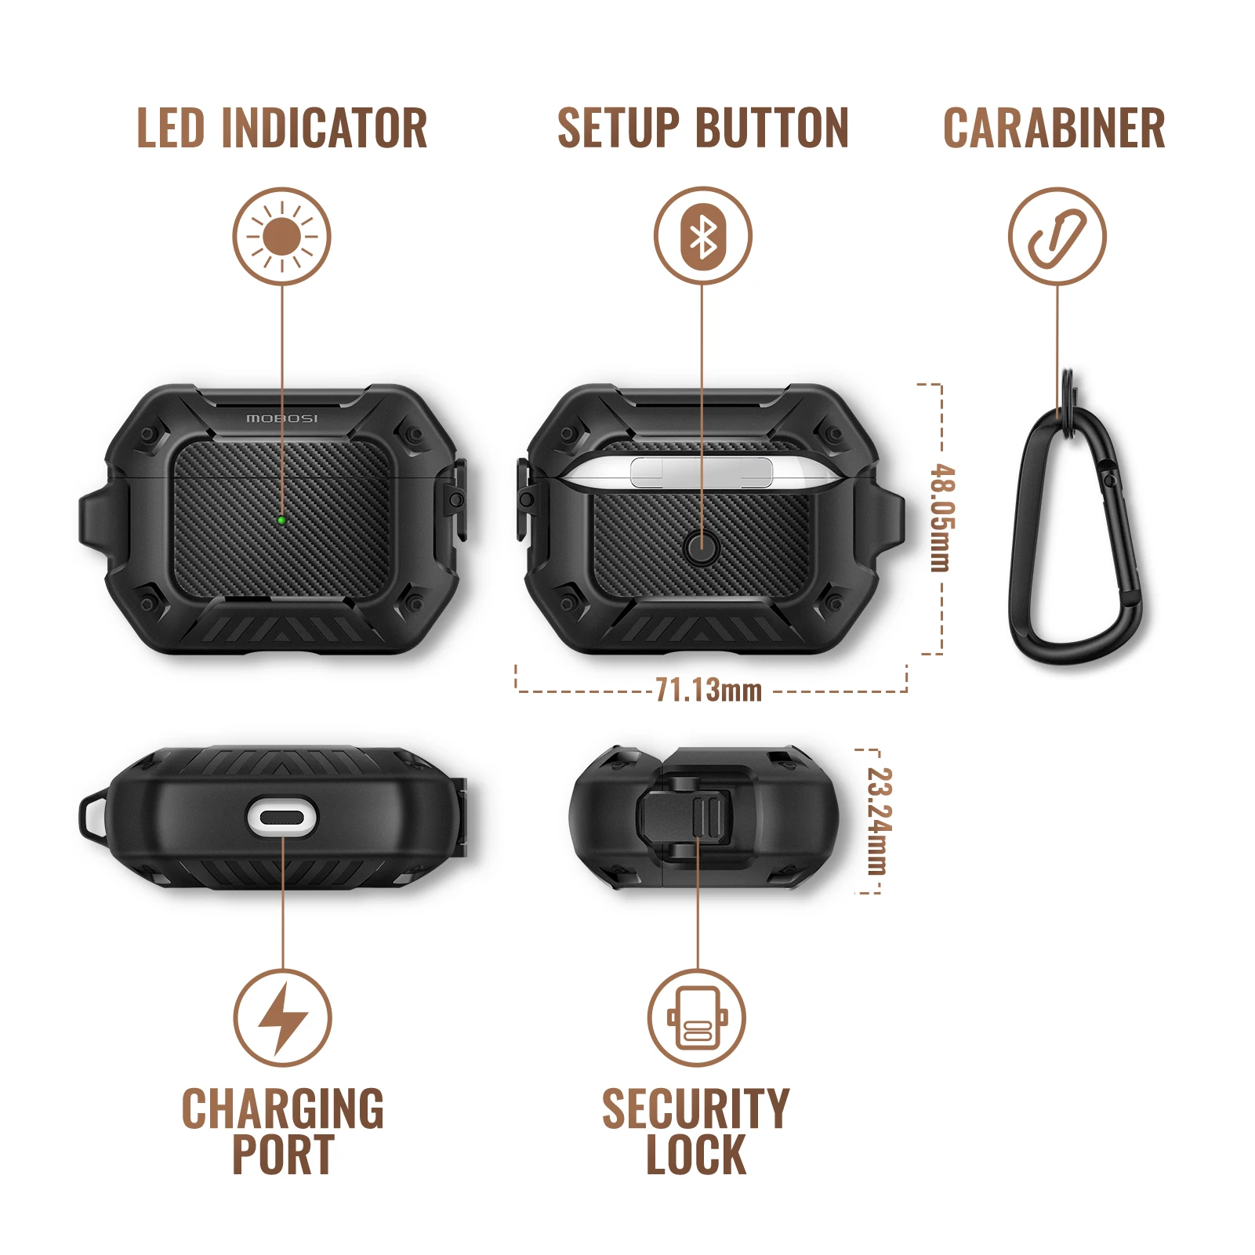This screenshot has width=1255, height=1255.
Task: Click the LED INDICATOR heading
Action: pyautogui.click(x=282, y=129)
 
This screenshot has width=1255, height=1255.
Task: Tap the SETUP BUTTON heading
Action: pyautogui.click(x=702, y=129)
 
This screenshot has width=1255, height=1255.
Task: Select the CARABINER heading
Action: pyautogui.click(x=1054, y=129)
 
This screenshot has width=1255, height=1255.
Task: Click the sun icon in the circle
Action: pyautogui.click(x=282, y=236)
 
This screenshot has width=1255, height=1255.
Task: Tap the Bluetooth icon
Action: pyautogui.click(x=703, y=236)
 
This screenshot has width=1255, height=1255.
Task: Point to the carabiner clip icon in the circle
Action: pyautogui.click(x=1057, y=236)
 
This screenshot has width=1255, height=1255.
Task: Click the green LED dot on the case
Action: pyautogui.click(x=281, y=519)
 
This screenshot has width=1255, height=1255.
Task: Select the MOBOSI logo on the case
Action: pyautogui.click(x=282, y=419)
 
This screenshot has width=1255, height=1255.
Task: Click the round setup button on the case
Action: pyautogui.click(x=701, y=547)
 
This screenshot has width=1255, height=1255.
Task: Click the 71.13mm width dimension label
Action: pyautogui.click(x=709, y=691)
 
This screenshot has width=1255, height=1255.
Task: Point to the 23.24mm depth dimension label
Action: pyautogui.click(x=880, y=821)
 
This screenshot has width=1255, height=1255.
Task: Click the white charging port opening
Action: pyautogui.click(x=282, y=818)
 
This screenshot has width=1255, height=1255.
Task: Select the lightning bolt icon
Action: pyautogui.click(x=282, y=1018)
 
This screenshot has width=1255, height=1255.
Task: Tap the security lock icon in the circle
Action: pyautogui.click(x=696, y=1018)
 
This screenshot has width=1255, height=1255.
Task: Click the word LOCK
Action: pyautogui.click(x=695, y=1155)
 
